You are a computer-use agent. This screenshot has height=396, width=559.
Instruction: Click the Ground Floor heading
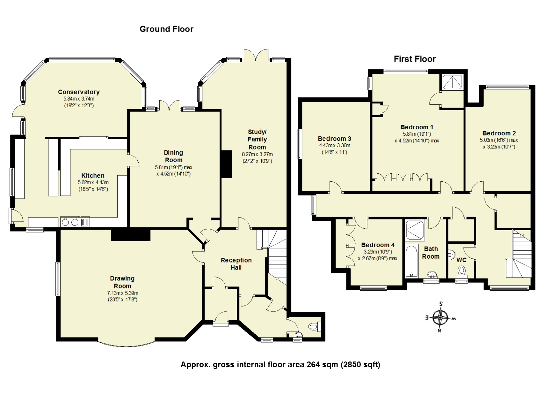[166, 29]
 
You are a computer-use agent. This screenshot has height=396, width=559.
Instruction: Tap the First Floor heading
[415, 59]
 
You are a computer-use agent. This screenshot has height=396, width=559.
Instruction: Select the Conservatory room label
[79, 92]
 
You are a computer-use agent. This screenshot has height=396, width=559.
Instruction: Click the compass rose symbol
[440, 318]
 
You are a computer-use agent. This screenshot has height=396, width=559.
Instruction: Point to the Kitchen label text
[93, 176]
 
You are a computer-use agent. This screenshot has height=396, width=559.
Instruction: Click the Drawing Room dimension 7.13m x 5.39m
[123, 293]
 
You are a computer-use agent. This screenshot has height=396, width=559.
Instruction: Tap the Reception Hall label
[236, 264]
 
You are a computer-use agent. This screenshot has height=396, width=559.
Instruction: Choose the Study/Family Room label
[257, 140]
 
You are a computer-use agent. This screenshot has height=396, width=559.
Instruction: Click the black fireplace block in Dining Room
[227, 164]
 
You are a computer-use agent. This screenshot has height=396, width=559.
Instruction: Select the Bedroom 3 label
[334, 139]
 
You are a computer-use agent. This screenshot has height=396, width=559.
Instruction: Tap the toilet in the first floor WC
[461, 271]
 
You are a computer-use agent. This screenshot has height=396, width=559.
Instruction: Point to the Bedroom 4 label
[378, 245]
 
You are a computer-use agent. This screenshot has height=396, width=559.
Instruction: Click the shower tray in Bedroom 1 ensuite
[452, 82]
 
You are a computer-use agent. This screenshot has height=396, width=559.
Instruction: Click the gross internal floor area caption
[280, 364]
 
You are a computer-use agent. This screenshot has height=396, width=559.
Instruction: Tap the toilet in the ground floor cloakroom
[314, 326]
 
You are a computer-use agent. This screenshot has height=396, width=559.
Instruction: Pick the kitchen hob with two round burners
[70, 222]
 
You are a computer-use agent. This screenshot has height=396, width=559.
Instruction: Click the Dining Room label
[173, 156]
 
